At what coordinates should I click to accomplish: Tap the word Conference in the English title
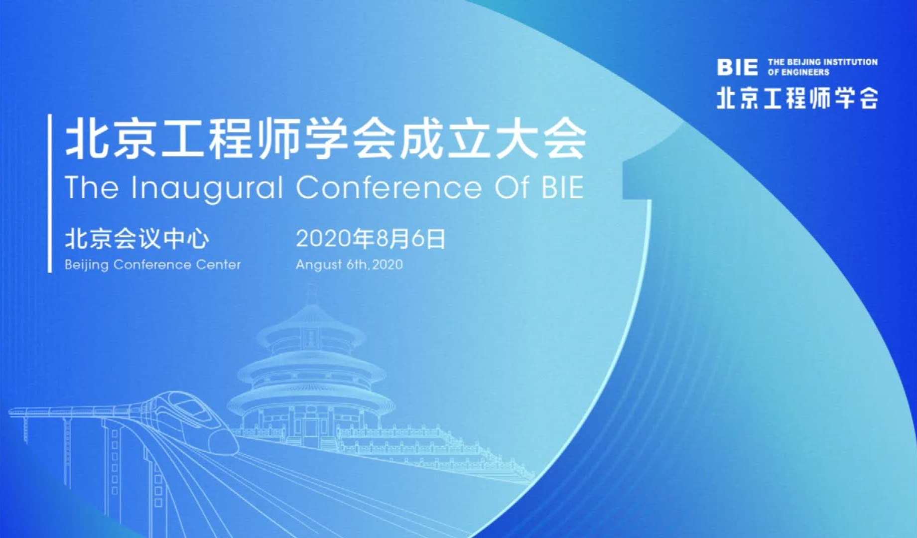pos(389,188)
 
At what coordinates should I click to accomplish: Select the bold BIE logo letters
pos(737,67)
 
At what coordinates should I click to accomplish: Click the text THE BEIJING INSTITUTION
pos(822,62)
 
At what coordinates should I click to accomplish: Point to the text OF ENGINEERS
pos(798,72)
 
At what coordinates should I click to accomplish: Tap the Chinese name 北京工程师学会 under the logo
pos(797,98)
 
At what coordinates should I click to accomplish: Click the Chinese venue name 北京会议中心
pos(137,239)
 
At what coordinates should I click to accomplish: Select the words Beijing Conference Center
pos(152,265)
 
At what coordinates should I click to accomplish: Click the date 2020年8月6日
pos(371,239)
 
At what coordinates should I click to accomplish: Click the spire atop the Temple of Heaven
pos(312,294)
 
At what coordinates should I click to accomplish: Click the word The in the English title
pos(92,188)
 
